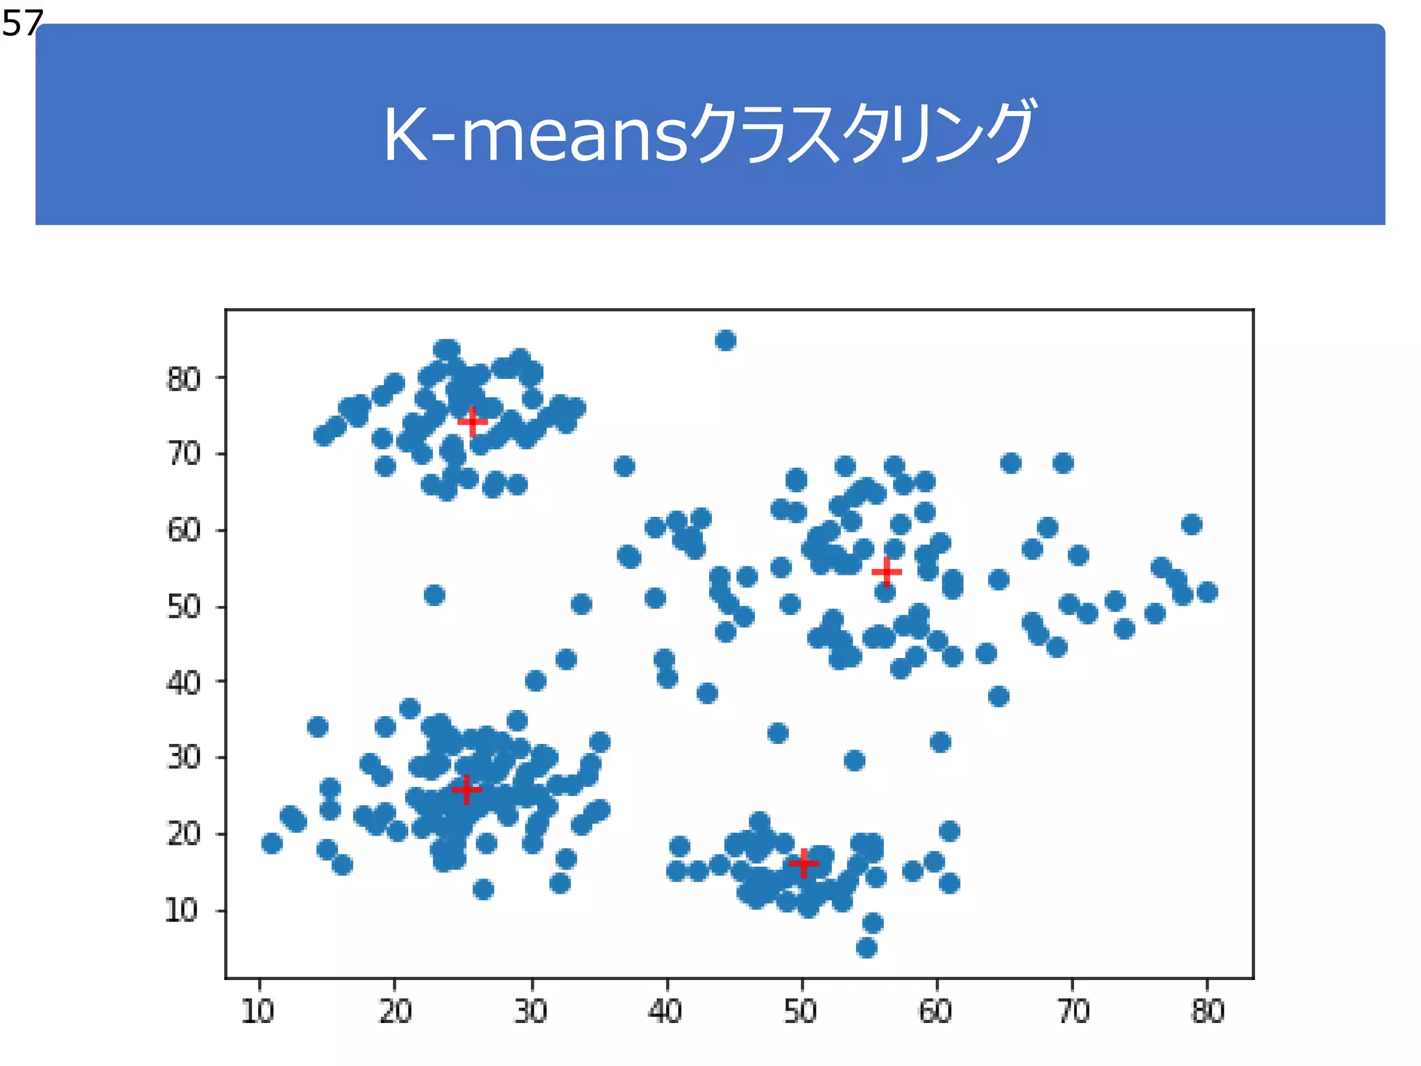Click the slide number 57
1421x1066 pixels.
point(22,24)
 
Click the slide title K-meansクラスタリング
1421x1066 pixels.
point(709,134)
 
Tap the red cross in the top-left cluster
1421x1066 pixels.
point(473,421)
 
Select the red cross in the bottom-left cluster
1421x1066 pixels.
point(466,789)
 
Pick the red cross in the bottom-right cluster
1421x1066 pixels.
point(803,863)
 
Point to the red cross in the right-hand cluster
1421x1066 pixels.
point(886,572)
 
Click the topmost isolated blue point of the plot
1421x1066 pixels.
point(725,341)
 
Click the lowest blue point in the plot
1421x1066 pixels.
point(867,947)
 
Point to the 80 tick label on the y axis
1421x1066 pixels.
point(183,380)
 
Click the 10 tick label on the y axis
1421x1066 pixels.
point(182,911)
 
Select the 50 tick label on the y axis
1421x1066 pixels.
point(183,607)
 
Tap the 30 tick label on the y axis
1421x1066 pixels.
point(183,757)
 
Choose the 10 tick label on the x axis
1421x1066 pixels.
point(258,1012)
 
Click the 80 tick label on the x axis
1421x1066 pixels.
point(1207,1012)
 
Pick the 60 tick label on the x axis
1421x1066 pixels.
point(936,1012)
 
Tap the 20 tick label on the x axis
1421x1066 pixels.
point(395,1012)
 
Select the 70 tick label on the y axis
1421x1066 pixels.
point(183,455)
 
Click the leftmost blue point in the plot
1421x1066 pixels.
point(272,843)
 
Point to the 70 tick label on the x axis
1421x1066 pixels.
point(1073,1012)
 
